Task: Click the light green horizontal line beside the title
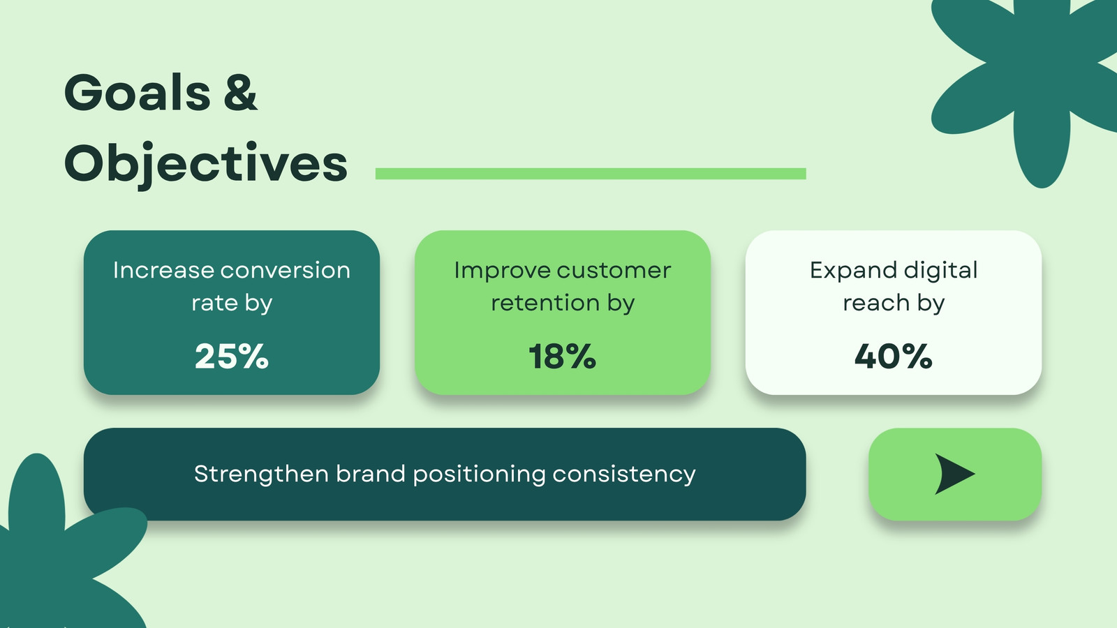(x=591, y=174)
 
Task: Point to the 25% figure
(x=231, y=357)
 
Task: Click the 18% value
(x=562, y=357)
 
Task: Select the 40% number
(x=893, y=357)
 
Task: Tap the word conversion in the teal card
(x=286, y=271)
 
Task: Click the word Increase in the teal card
(x=163, y=271)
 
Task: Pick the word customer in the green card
(x=614, y=271)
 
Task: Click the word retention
(x=545, y=303)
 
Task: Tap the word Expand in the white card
(x=853, y=271)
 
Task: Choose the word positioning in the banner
(x=479, y=474)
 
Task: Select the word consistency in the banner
(x=624, y=474)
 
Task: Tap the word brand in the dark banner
(x=371, y=474)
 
